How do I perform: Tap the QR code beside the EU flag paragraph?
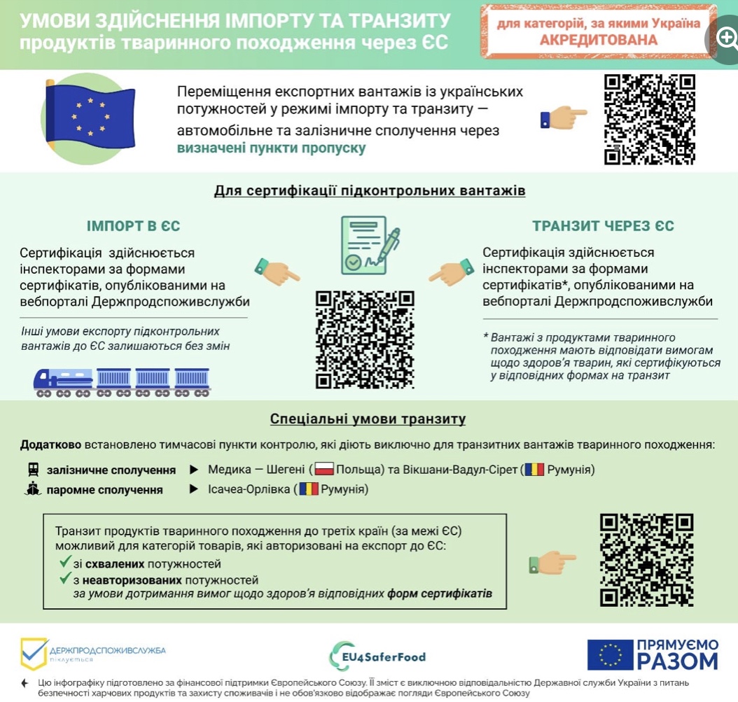(x=650, y=120)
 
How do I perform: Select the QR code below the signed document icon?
(x=365, y=339)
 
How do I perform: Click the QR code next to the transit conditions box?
(x=647, y=560)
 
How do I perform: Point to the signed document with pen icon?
(x=370, y=245)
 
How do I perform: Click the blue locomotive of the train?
(x=64, y=382)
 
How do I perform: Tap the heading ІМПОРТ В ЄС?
(x=133, y=226)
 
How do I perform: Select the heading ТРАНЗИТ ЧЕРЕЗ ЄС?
(x=603, y=226)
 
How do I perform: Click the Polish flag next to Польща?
(x=324, y=469)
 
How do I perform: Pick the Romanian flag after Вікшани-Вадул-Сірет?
(x=535, y=469)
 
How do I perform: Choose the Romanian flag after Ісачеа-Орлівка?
(x=309, y=489)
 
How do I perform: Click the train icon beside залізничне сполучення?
(x=33, y=469)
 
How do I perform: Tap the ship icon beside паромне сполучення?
(x=33, y=489)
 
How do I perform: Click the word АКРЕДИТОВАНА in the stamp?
(x=599, y=40)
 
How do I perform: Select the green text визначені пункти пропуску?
(x=271, y=148)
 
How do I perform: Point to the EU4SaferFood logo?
(x=377, y=656)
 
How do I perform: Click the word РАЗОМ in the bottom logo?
(x=678, y=661)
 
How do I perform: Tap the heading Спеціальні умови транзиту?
(x=368, y=419)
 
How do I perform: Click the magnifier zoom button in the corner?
(x=725, y=37)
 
